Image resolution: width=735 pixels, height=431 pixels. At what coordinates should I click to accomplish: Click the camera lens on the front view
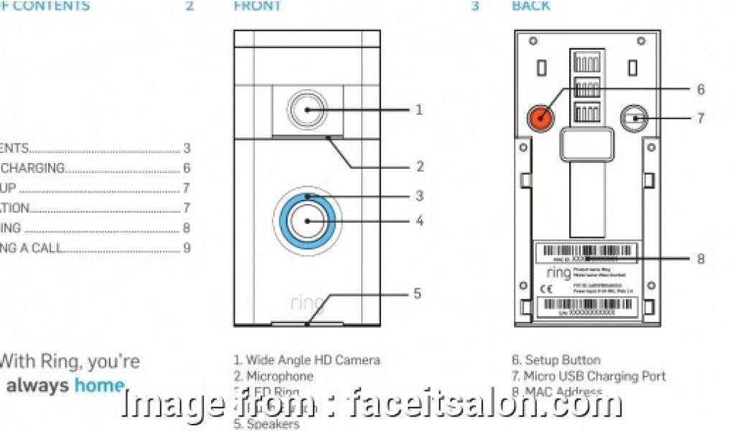[x=307, y=110]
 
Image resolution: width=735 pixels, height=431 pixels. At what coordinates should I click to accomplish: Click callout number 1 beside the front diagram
[x=419, y=110]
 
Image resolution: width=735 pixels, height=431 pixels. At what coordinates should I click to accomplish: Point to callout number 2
[x=420, y=167]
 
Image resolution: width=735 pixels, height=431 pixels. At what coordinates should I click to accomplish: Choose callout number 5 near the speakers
[x=417, y=293]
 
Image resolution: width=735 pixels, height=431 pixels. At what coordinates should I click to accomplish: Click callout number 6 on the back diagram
[x=701, y=90]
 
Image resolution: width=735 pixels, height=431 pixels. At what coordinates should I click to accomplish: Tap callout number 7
[x=701, y=118]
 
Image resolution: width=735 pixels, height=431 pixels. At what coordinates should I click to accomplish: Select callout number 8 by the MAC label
[x=701, y=259]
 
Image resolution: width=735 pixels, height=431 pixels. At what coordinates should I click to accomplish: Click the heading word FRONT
[x=258, y=6]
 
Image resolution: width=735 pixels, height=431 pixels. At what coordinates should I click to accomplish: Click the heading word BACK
[x=531, y=6]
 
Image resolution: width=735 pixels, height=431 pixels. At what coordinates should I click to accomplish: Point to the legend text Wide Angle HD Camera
[x=313, y=360]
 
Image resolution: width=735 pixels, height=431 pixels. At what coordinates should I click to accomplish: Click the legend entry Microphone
[x=280, y=376]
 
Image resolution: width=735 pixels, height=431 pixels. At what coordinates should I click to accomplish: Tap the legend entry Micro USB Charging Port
[x=595, y=376]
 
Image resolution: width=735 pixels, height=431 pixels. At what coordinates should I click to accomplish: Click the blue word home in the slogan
[x=99, y=386]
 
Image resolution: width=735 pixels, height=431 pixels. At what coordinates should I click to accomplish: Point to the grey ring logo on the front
[x=307, y=302]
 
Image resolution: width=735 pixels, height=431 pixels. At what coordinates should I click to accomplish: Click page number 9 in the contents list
[x=187, y=249]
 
